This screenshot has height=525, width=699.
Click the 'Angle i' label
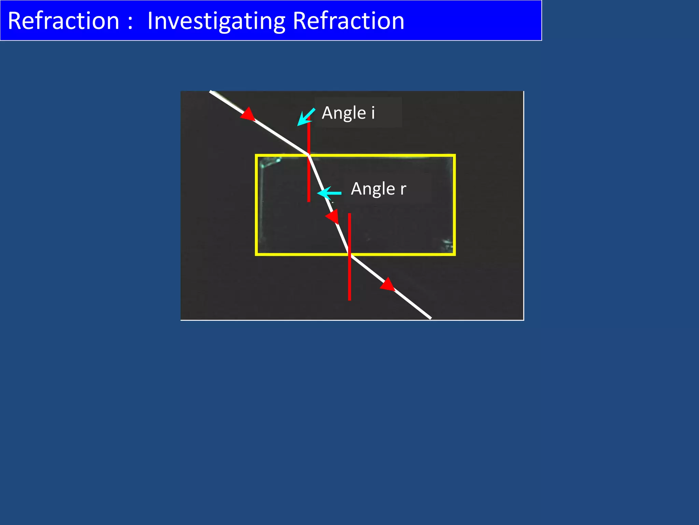coord(348,113)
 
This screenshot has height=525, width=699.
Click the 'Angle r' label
coord(378,189)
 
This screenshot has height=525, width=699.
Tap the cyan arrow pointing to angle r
coord(328,193)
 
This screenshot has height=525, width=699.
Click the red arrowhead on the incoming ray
coord(248,115)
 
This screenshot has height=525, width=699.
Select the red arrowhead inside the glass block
coord(332,216)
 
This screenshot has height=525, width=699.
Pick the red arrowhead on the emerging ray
coord(388,284)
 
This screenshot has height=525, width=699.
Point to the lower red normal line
coord(349,273)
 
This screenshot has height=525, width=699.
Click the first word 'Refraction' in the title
coord(63,21)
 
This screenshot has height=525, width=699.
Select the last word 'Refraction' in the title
coord(348,21)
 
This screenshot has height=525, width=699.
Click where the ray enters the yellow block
coord(309,156)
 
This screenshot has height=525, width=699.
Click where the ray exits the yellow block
coord(349,254)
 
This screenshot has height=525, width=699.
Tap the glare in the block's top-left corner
coord(270,162)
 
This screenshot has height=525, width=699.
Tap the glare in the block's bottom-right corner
coord(447,244)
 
